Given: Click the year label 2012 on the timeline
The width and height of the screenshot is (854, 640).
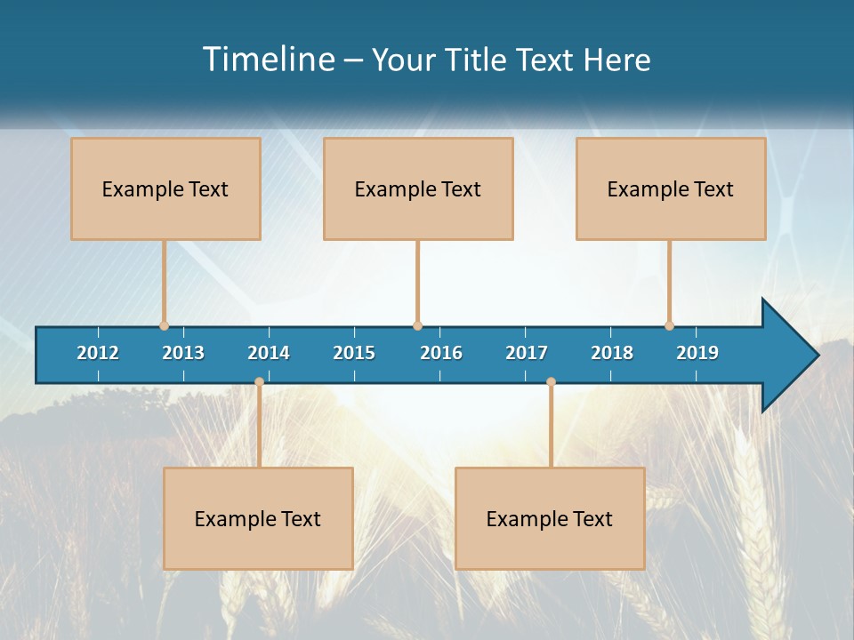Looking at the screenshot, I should coord(98,353).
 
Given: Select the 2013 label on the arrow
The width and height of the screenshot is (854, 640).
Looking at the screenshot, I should coord(183,353).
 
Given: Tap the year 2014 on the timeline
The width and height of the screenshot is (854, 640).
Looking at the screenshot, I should coord(269,353).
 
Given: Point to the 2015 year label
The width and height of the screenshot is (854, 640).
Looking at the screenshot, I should coord(354,353).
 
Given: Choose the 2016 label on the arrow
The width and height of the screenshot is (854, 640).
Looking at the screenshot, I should coord(441,353).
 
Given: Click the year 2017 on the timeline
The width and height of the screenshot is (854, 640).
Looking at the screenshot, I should coord(527,353).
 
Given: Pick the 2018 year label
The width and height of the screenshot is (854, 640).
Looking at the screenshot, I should coord(612,353).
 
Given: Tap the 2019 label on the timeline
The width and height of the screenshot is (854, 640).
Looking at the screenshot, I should coord(697,353).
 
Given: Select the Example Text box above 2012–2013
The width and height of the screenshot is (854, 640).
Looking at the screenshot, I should coord(165,188).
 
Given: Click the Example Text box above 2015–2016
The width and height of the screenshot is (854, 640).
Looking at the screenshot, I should coord(418,188).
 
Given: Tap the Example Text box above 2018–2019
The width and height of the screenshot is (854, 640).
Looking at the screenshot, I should coord(671,188).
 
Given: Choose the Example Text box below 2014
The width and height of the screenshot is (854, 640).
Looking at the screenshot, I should coord(258,518).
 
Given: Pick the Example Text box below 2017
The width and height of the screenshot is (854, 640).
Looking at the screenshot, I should coord(550,518).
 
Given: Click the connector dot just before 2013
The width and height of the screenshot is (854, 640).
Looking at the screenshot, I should coord(164,325).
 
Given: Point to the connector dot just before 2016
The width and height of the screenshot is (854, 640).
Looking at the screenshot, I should coord(417,325).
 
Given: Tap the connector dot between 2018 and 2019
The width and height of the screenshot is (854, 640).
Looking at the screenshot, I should coord(669,325).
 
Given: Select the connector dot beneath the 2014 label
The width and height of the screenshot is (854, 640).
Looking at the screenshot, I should coord(259,381).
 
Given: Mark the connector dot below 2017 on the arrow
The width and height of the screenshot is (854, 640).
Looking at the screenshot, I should coord(551,381).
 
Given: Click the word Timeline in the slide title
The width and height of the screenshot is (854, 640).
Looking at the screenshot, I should coord(269,60).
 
